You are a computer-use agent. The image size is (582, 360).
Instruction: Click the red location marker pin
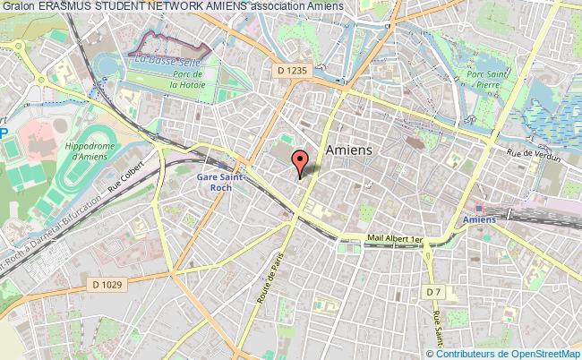[x=300, y=162]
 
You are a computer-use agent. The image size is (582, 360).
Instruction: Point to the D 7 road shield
[x=433, y=292]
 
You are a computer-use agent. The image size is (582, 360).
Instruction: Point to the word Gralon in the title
[x=17, y=6]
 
